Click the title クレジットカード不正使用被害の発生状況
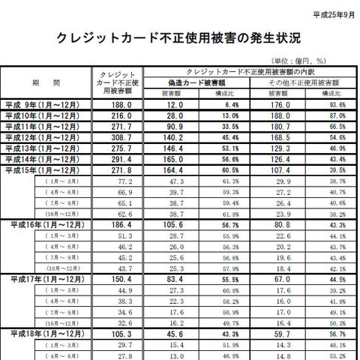(179, 37)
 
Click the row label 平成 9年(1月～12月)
(48, 106)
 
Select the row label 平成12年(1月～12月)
(48, 139)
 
